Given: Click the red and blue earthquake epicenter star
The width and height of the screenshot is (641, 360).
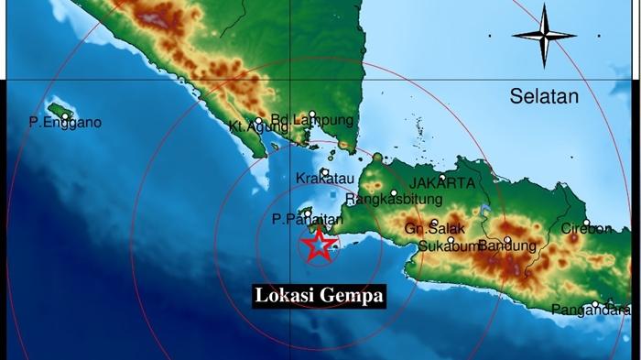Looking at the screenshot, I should (x=318, y=245).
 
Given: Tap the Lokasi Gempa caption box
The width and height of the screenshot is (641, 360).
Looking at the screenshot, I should (x=319, y=296).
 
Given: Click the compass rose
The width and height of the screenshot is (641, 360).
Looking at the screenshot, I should (x=543, y=36).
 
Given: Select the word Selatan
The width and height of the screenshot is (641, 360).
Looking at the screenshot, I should (x=546, y=95).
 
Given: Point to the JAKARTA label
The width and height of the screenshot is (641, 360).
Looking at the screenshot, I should (x=442, y=183).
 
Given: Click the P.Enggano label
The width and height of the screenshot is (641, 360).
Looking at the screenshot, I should (x=65, y=123).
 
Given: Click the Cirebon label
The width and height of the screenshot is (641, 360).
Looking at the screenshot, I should (x=586, y=229).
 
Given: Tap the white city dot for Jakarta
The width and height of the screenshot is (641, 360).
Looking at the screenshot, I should (x=442, y=178).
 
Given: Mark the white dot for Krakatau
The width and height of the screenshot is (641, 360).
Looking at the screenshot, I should (x=324, y=171).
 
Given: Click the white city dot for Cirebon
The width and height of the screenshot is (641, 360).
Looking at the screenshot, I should (x=587, y=223).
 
